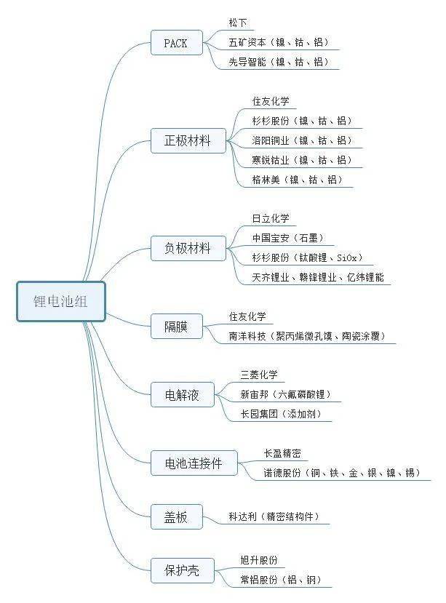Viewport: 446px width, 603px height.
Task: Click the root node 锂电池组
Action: (x=61, y=301)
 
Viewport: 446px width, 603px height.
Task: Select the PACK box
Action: (x=175, y=43)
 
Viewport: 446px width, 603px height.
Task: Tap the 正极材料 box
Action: (x=187, y=140)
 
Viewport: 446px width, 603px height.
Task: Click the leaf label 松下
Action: (x=238, y=24)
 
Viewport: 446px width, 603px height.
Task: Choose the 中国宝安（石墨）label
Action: (x=287, y=238)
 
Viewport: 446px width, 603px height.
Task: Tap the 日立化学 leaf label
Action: (x=270, y=218)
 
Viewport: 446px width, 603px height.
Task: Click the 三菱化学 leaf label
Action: (x=259, y=375)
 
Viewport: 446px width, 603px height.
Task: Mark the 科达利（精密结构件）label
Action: (x=273, y=517)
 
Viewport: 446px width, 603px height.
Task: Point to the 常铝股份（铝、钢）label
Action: (x=280, y=580)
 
